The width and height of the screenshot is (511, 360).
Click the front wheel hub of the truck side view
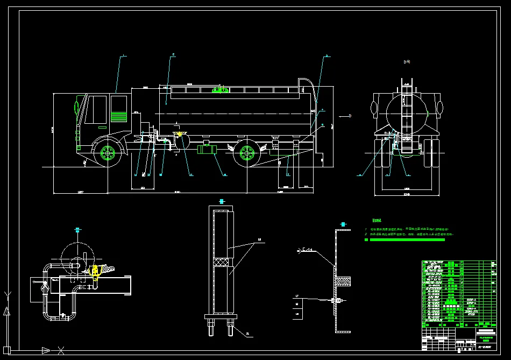coord(108,153)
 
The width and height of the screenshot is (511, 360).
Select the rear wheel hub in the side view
coord(247,153)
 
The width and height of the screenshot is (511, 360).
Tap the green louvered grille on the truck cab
coord(118,116)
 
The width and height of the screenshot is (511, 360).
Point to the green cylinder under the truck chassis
coord(205,149)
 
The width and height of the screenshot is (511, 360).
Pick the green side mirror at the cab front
coord(76,105)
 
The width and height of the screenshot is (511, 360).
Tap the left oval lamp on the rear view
coord(375,108)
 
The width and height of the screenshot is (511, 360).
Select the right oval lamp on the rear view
coord(440,108)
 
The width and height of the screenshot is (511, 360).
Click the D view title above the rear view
coord(407,62)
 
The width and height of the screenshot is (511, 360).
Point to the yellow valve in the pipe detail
coord(95,271)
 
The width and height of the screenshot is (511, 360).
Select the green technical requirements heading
coord(377,221)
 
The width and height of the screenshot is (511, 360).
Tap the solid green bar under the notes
coord(409,239)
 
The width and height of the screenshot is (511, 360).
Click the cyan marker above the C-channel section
coord(343,223)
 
